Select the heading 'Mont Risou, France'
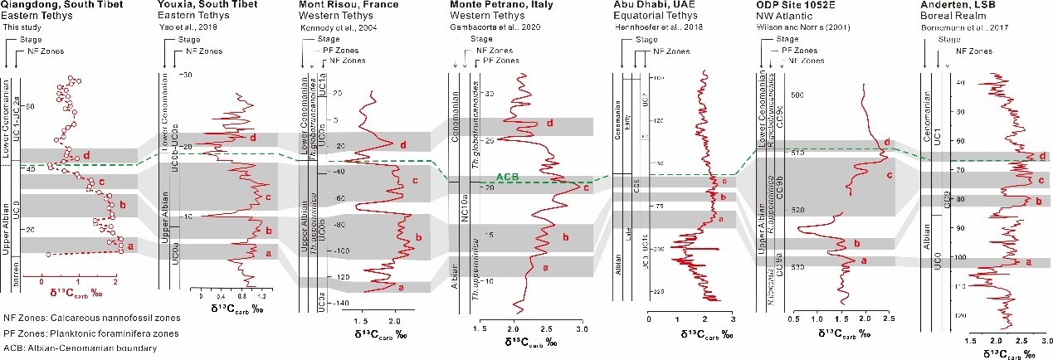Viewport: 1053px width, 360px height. [340, 6]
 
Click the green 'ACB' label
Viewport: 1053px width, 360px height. [509, 178]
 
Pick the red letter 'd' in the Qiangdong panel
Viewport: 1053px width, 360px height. [86, 154]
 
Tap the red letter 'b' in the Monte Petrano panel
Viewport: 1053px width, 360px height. [565, 237]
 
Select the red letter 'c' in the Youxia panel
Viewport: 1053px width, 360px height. [268, 197]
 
